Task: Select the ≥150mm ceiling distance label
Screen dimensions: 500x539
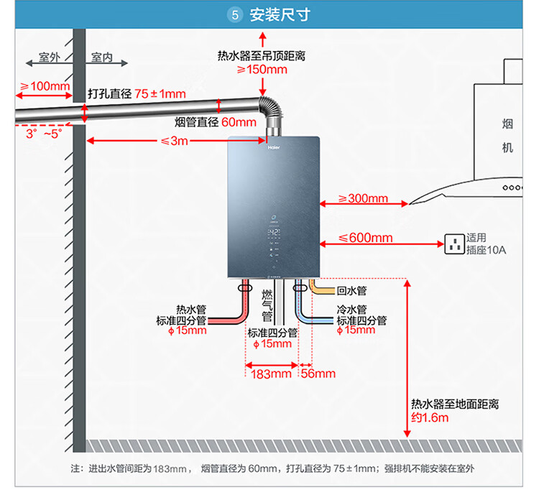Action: coord(262,70)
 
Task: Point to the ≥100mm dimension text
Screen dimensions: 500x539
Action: coord(45,86)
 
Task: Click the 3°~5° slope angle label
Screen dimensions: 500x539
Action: coord(44,134)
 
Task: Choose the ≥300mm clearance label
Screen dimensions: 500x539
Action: coord(363,198)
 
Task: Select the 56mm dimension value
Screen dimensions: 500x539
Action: coord(318,374)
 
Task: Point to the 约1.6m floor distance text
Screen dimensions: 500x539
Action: coord(430,418)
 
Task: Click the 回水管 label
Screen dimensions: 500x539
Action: coord(351,291)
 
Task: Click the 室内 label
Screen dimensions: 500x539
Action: coord(102,57)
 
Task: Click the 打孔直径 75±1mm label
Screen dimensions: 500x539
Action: coord(137,94)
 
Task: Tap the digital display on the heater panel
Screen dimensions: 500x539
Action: coord(274,234)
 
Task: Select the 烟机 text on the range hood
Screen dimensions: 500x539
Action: coord(508,136)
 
